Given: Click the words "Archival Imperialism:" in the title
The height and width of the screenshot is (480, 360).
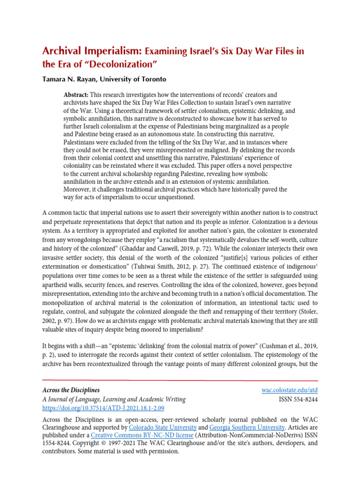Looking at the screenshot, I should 92,50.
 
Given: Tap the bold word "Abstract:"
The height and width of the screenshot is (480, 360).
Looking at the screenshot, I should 76,95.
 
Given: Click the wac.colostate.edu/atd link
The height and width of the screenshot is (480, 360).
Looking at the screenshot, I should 289,390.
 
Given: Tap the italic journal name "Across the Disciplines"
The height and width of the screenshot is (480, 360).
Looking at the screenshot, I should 71,390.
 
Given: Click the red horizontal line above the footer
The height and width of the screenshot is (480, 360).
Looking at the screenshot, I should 180,380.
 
